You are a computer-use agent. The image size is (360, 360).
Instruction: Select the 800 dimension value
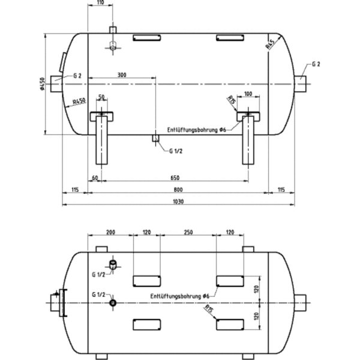[x=178, y=190]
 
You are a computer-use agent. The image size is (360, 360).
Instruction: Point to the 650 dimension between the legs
[x=174, y=178]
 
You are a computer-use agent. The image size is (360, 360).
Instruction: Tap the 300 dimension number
[x=122, y=75]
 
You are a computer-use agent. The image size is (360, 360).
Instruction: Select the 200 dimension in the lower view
[x=110, y=232]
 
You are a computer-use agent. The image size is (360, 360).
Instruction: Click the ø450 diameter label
[x=43, y=85]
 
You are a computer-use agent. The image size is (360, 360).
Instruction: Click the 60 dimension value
[x=94, y=178]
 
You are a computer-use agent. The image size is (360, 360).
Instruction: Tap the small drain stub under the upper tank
[x=154, y=138]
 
